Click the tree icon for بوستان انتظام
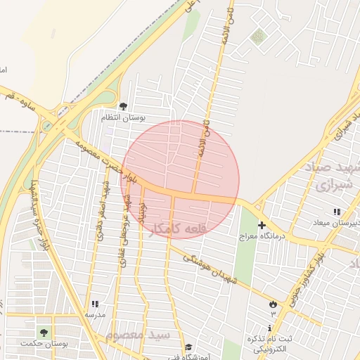[124, 106]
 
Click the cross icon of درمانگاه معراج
[262, 226]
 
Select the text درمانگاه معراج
[262, 237]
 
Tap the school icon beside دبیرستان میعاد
[337, 212]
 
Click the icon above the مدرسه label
[94, 304]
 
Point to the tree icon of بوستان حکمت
[44, 332]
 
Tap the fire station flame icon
[272, 303]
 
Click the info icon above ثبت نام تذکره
[271, 329]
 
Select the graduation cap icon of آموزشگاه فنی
[188, 347]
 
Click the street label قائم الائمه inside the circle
[200, 151]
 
